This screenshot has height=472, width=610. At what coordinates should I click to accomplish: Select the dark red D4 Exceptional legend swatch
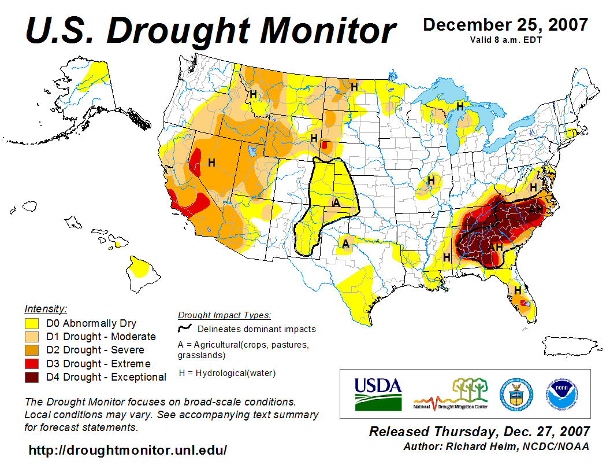tap(32, 377)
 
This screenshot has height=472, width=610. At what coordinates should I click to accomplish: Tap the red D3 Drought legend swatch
tap(32, 364)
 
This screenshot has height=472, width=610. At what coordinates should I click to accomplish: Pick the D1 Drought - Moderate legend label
tap(101, 337)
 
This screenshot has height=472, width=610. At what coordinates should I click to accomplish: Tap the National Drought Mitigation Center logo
tap(451, 394)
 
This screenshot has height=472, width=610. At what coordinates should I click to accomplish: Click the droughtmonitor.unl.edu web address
tap(128, 450)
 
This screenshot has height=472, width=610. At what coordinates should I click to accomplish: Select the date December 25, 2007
tap(505, 25)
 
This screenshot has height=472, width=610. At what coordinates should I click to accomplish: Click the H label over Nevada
tap(211, 163)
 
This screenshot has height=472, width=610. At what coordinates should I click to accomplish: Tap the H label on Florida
tap(518, 290)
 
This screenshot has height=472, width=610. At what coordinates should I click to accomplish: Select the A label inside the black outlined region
tap(336, 202)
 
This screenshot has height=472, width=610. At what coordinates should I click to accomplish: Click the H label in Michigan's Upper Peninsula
tap(460, 106)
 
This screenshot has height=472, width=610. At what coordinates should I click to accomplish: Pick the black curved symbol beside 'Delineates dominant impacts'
tap(185, 329)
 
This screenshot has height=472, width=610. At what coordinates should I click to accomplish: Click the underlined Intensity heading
tap(46, 309)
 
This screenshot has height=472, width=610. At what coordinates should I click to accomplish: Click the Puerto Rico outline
tap(568, 347)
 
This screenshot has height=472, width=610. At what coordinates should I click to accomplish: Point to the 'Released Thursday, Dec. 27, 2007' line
tap(479, 432)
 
